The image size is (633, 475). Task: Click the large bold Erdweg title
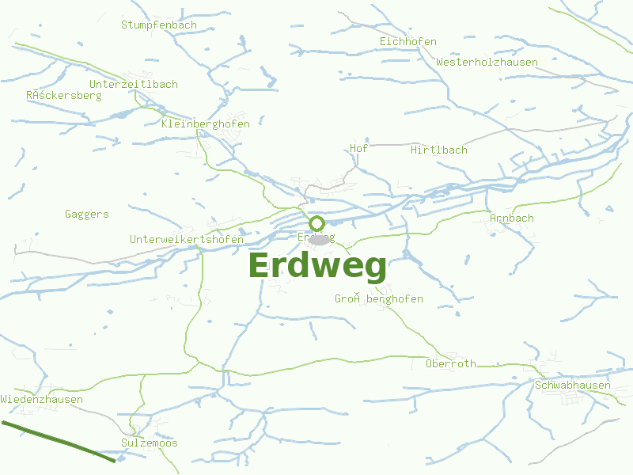318,267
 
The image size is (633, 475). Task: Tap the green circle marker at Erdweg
316,223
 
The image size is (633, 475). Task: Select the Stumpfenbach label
159,25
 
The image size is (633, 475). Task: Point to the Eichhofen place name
407,41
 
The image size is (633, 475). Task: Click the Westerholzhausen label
487,62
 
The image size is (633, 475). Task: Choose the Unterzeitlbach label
134,84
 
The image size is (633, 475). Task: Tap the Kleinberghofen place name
205,123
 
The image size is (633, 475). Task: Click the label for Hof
359,148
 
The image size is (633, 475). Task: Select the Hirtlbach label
439,150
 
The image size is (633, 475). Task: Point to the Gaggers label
87,214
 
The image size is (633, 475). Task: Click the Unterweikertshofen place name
187,239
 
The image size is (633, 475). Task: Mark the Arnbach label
512,218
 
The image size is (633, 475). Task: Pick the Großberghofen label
379,298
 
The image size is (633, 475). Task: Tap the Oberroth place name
451,364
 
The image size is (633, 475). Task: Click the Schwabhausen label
573,386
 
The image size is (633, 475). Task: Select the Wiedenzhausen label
42,399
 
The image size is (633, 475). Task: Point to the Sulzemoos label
150,443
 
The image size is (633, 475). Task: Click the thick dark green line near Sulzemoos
59,440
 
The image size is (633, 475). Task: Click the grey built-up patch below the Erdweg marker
320,239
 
